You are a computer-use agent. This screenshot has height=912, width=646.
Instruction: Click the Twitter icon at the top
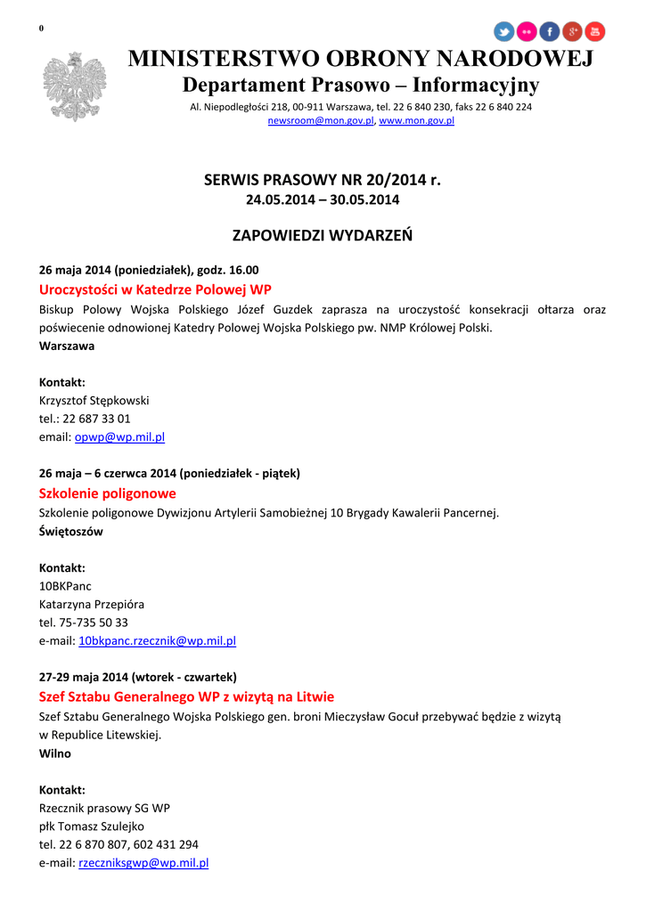coord(504,32)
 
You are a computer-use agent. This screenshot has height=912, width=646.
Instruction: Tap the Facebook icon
coord(550,32)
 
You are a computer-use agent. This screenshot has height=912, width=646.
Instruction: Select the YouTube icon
coord(595,32)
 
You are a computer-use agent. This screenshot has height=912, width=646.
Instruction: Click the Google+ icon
coord(573,32)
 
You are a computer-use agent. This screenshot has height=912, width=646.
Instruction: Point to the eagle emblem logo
coord(74,86)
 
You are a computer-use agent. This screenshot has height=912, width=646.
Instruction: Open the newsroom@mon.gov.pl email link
coord(321,120)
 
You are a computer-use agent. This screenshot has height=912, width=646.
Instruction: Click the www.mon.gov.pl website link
coord(417,120)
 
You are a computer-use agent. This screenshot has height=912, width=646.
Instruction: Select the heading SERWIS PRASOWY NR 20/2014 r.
coord(323,180)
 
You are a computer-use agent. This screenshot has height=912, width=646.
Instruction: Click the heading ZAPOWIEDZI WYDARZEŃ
coord(323,236)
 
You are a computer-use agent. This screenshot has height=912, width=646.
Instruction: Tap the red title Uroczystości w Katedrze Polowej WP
coord(155,289)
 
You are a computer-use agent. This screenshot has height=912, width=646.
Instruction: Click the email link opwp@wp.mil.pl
coord(119,437)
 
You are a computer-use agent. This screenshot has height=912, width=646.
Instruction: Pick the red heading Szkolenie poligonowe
coord(108,493)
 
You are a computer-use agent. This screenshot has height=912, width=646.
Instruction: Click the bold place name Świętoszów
coord(71,532)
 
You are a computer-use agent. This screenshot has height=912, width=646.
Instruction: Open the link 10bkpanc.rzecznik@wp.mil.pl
coord(157,640)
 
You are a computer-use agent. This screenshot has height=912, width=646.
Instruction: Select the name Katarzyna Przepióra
coord(92,604)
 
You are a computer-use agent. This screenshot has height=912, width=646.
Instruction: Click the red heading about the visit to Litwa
coord(186,696)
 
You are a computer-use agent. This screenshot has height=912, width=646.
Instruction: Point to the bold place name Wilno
coord(55,753)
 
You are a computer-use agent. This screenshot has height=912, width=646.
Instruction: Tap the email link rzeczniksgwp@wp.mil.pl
coord(143,862)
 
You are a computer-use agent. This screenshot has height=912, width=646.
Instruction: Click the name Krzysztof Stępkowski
coord(94,401)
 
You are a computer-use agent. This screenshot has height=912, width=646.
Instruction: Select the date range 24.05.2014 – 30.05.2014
coord(323,199)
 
